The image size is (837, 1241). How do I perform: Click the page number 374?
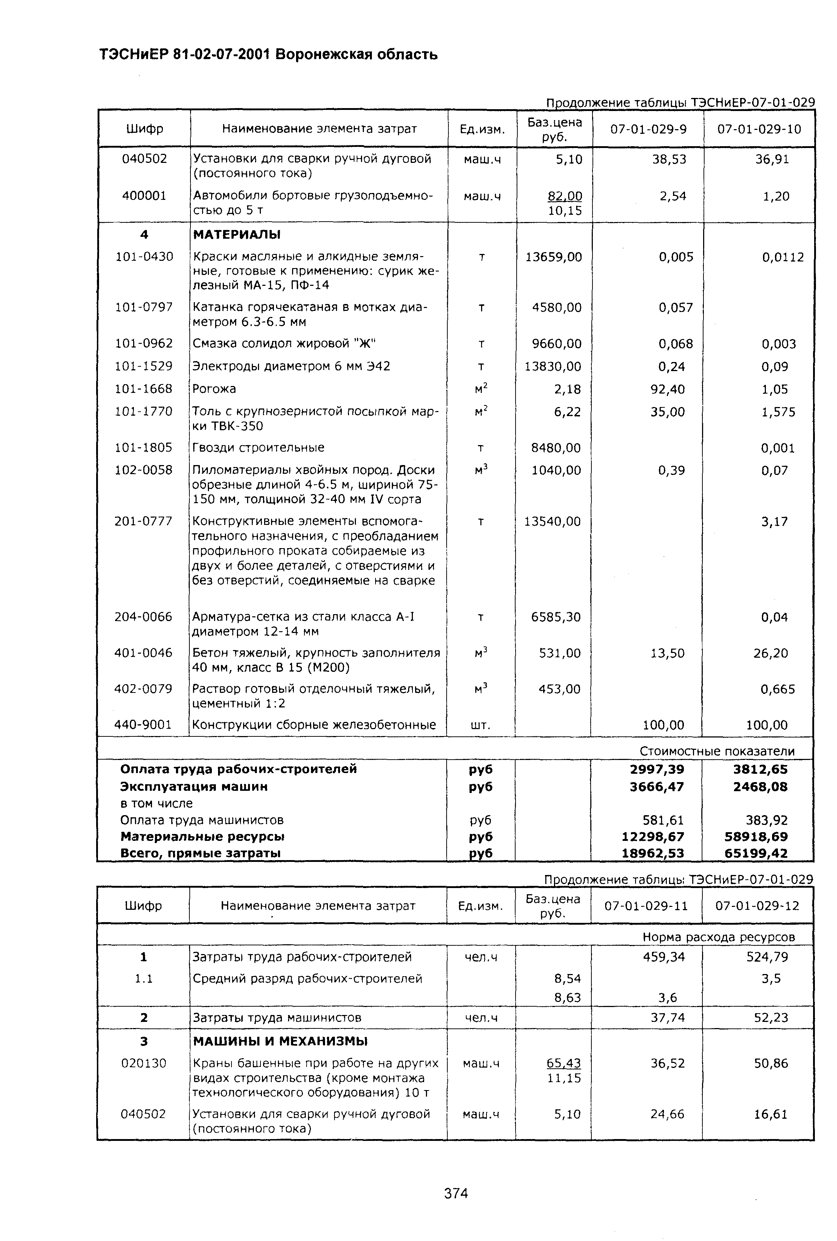point(456,1193)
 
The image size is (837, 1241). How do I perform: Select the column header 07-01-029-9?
point(648,129)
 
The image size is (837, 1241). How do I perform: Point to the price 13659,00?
point(554,257)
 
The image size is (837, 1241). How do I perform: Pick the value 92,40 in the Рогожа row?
point(667,389)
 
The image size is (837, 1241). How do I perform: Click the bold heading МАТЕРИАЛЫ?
point(237,234)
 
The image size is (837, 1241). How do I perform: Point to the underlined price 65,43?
point(564,1063)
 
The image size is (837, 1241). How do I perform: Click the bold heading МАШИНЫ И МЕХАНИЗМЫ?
point(280,1041)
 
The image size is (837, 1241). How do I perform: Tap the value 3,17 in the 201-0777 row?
point(774,522)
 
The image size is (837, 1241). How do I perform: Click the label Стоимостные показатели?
point(717,751)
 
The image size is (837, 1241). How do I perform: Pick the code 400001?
point(144,196)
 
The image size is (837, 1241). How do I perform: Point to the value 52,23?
point(771,1017)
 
